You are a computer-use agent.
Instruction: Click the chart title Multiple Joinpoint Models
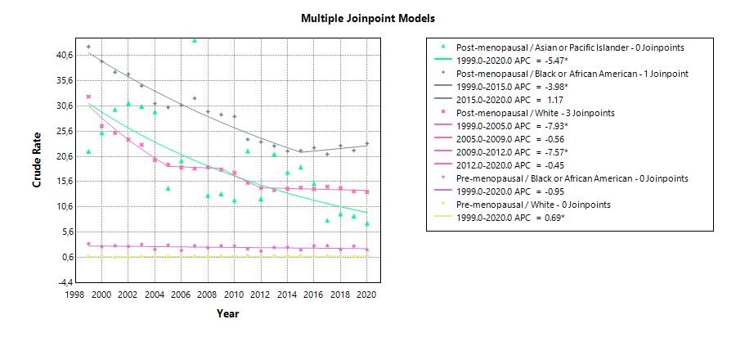(x=368, y=18)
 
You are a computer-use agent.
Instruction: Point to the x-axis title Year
(x=228, y=313)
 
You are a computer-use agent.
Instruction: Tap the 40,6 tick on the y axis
(x=64, y=55)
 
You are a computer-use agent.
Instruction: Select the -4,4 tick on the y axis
(x=64, y=282)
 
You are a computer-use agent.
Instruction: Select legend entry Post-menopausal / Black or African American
(x=572, y=73)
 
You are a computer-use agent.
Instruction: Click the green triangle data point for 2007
(x=195, y=39)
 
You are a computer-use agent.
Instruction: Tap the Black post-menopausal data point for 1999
(x=88, y=47)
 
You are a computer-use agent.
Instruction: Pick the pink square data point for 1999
(x=88, y=97)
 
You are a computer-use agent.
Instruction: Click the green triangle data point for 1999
(x=88, y=151)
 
